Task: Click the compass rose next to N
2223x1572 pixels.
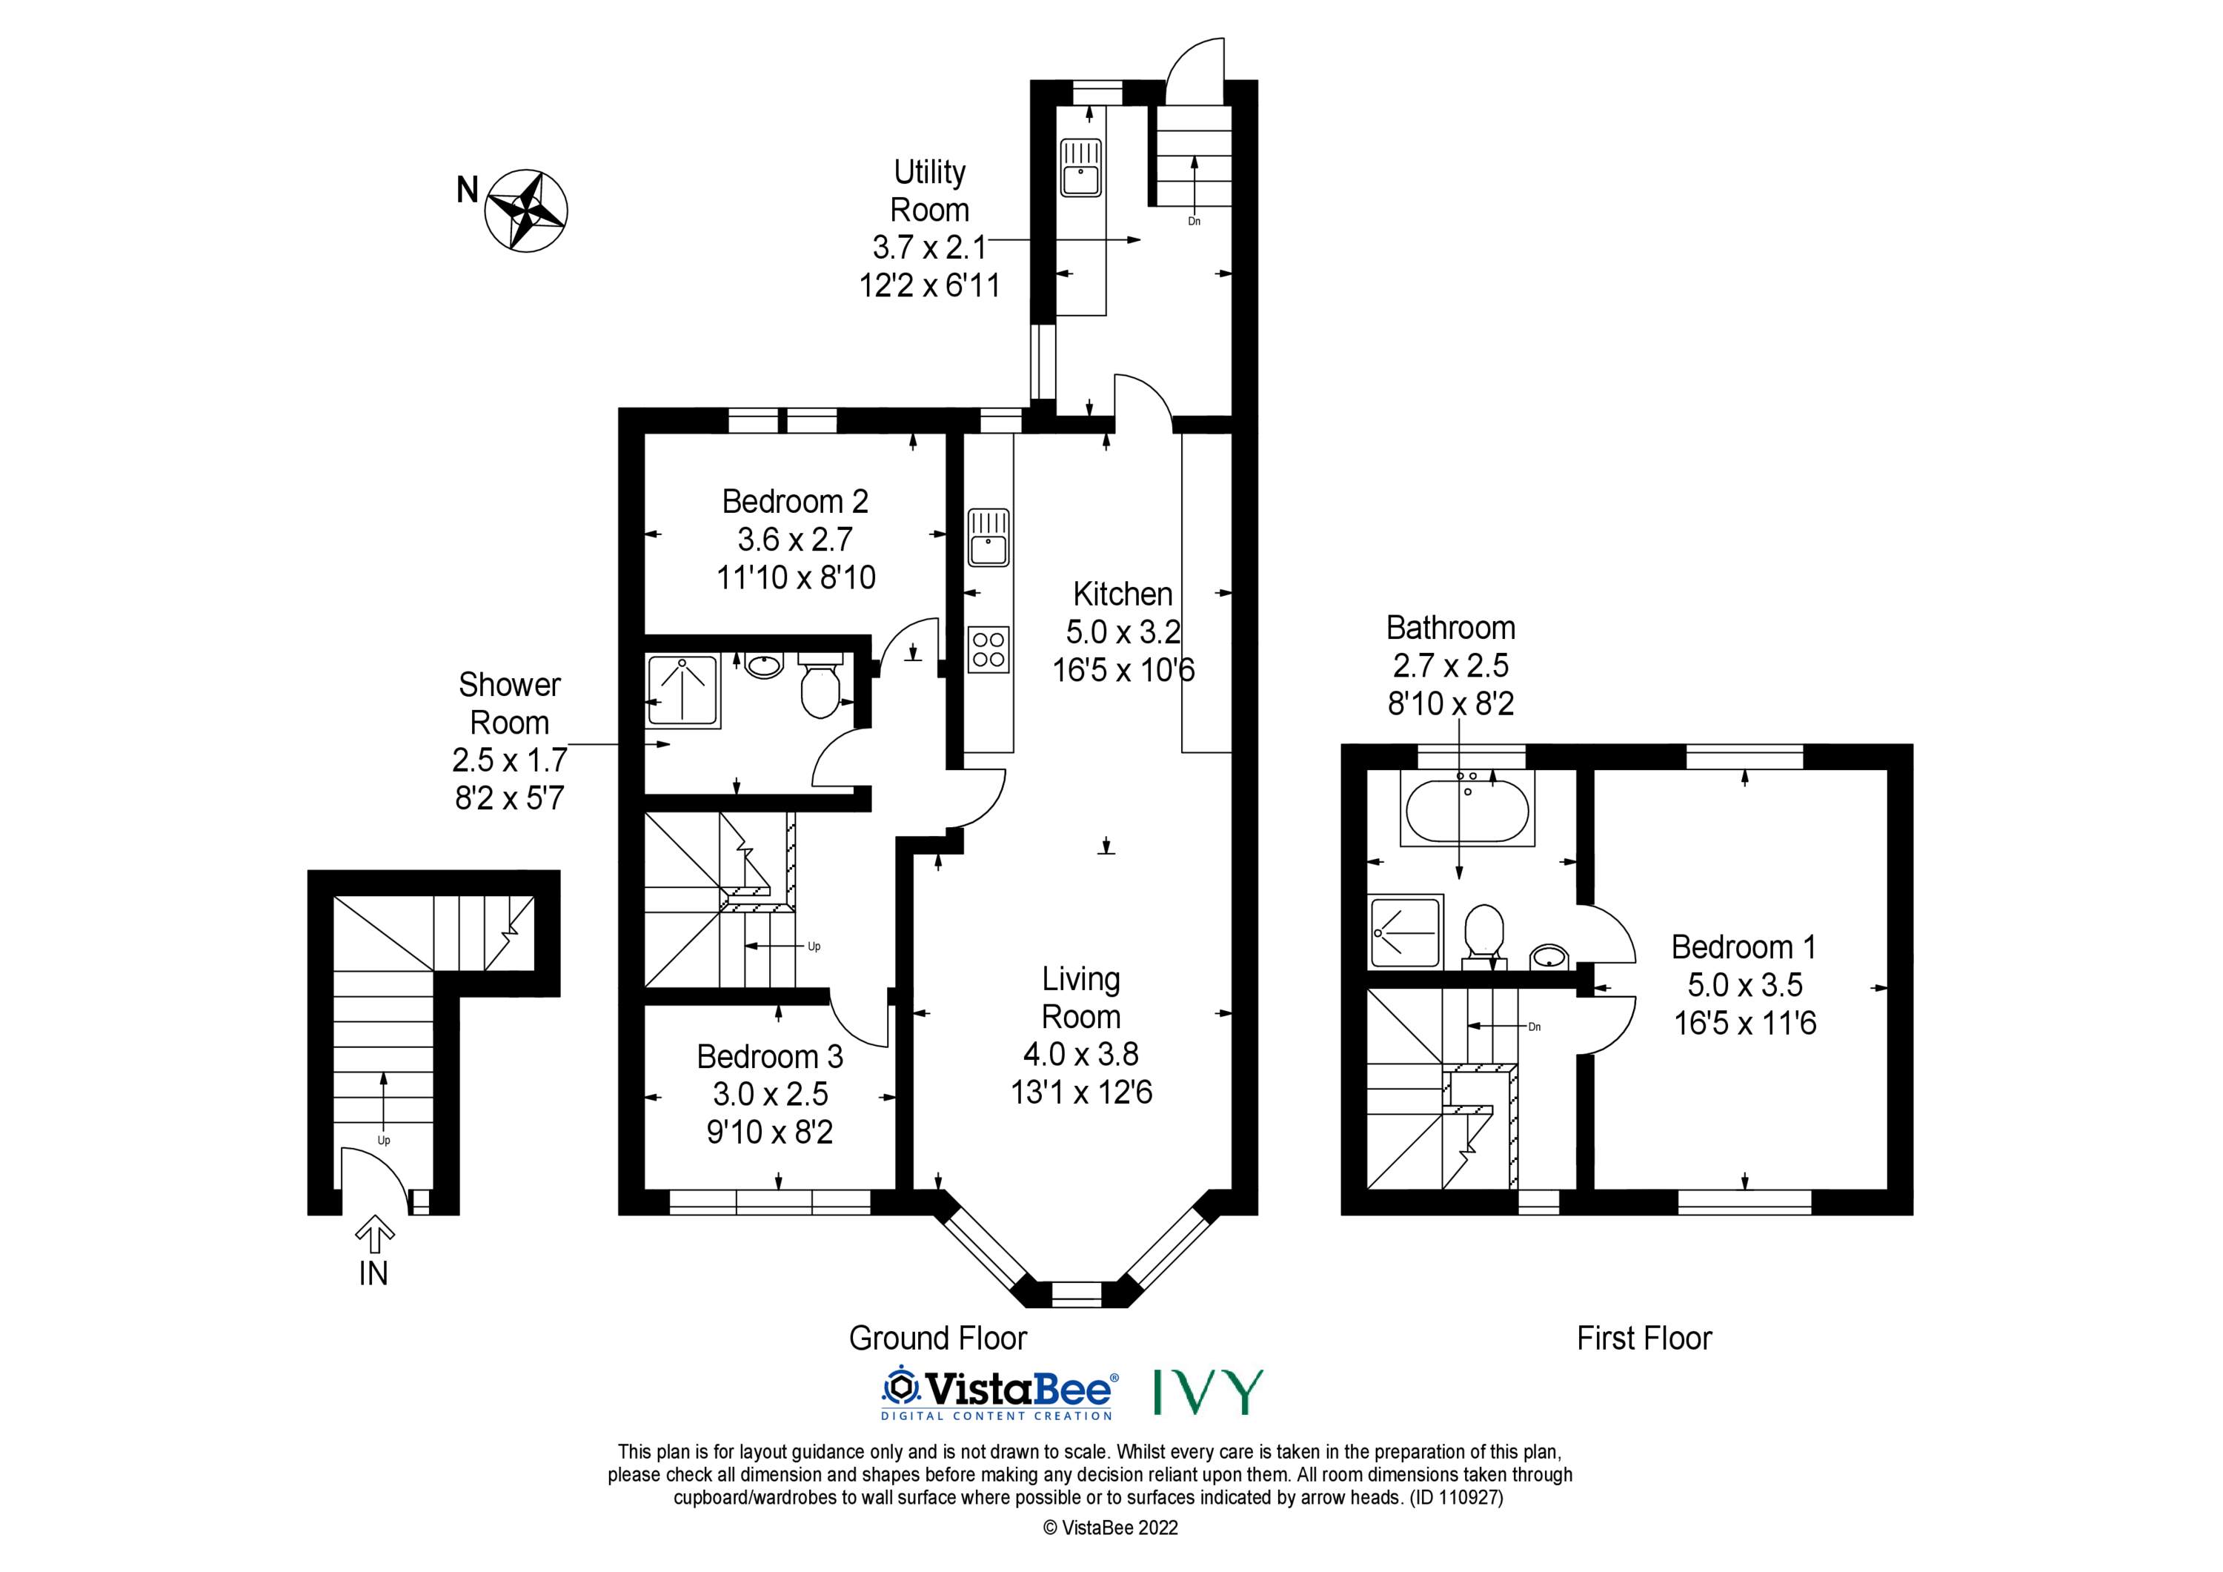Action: (x=525, y=211)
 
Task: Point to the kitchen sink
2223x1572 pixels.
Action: (x=988, y=537)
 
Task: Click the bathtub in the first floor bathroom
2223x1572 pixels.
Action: (x=1467, y=808)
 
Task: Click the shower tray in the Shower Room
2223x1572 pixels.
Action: (x=682, y=692)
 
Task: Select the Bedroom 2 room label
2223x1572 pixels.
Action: (x=795, y=501)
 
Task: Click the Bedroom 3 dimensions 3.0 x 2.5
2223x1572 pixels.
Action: (x=770, y=1093)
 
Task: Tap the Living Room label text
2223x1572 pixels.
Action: (x=1080, y=998)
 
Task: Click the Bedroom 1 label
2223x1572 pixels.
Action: (x=1744, y=946)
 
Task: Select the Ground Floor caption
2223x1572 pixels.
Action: (x=937, y=1338)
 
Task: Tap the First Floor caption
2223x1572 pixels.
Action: (x=1644, y=1338)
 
